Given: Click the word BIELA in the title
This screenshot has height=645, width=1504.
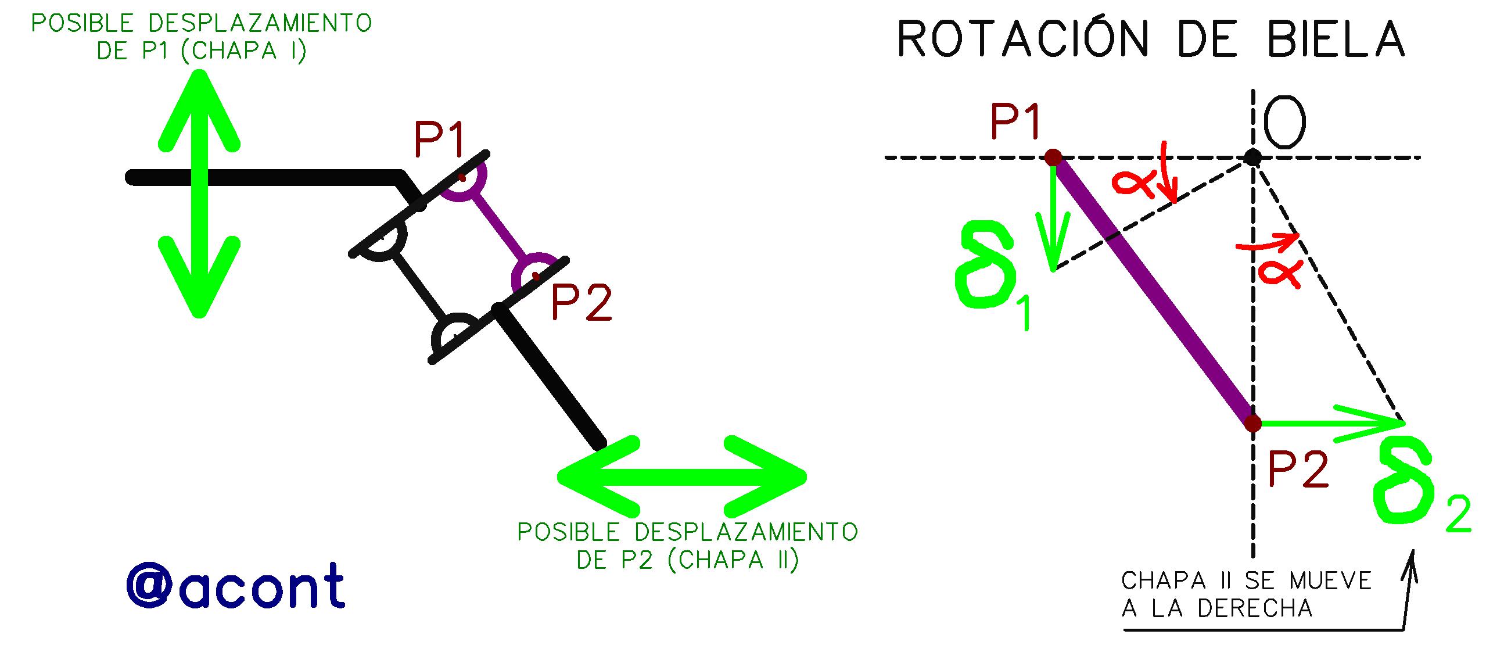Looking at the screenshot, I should (x=1336, y=39).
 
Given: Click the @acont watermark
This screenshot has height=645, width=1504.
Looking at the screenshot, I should (x=235, y=586).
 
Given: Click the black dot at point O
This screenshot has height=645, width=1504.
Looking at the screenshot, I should (x=1252, y=157).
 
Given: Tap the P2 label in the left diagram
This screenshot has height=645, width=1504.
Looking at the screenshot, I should (x=582, y=303).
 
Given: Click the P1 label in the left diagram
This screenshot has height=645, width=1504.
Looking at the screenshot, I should (x=439, y=139).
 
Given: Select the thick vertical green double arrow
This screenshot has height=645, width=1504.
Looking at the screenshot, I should (x=199, y=193).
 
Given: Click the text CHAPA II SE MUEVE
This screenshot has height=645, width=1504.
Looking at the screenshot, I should (x=1246, y=581).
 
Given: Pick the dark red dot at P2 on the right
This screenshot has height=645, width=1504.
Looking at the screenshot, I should (x=1252, y=423).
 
